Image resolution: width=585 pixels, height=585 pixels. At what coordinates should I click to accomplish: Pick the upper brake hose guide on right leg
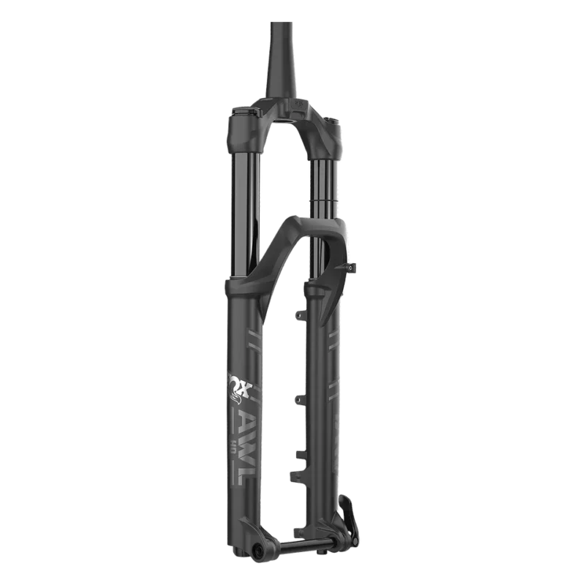point(298,314)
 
